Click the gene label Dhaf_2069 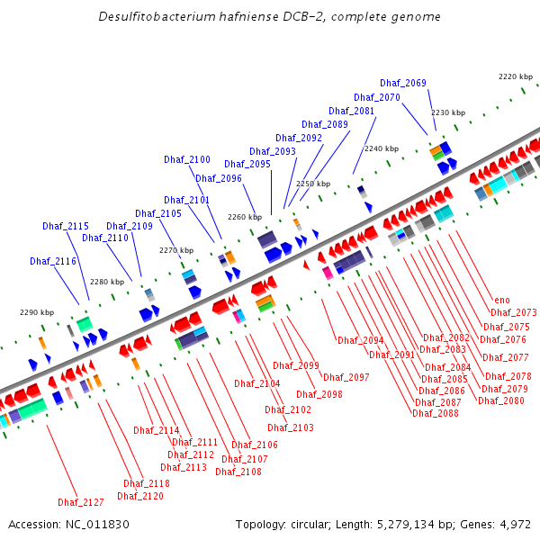pos(403,83)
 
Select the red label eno pos(501,301)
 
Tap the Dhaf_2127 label pos(81,502)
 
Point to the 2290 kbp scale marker pos(37,312)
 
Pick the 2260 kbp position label pos(245,217)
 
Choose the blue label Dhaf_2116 pos(53,261)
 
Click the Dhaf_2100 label pos(187,159)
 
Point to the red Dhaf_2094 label pos(361,340)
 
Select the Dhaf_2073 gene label pos(514,312)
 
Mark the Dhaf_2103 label pos(291,427)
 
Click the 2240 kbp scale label pos(381,148)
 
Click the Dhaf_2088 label pos(436,413)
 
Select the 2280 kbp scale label pos(107,282)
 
